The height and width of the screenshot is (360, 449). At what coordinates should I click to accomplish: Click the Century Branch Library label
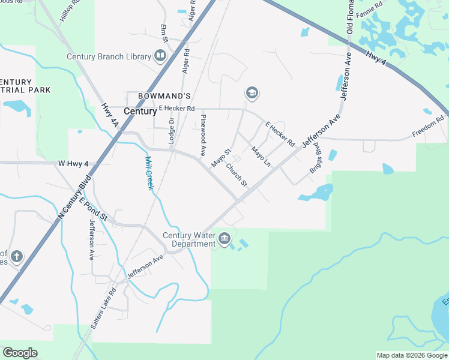pyautogui.click(x=108, y=57)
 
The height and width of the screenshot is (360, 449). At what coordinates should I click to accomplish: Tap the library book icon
pyautogui.click(x=160, y=56)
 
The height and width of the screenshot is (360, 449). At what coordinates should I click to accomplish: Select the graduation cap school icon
pyautogui.click(x=252, y=93)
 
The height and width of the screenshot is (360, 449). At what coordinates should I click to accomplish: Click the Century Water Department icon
pyautogui.click(x=224, y=239)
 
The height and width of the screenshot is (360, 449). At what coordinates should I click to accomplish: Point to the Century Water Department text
pyautogui.click(x=189, y=239)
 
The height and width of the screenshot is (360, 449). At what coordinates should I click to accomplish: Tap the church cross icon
pyautogui.click(x=16, y=257)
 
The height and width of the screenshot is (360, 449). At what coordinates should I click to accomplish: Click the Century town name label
pyautogui.click(x=140, y=111)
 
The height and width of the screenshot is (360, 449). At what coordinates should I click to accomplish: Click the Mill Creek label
pyautogui.click(x=149, y=173)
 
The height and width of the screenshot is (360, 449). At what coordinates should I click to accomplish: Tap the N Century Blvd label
pyautogui.click(x=74, y=197)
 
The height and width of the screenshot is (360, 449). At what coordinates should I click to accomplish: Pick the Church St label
pyautogui.click(x=236, y=175)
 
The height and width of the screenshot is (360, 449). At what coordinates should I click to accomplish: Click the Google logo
pyautogui.click(x=20, y=353)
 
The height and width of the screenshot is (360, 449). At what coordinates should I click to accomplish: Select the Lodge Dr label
pyautogui.click(x=171, y=130)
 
